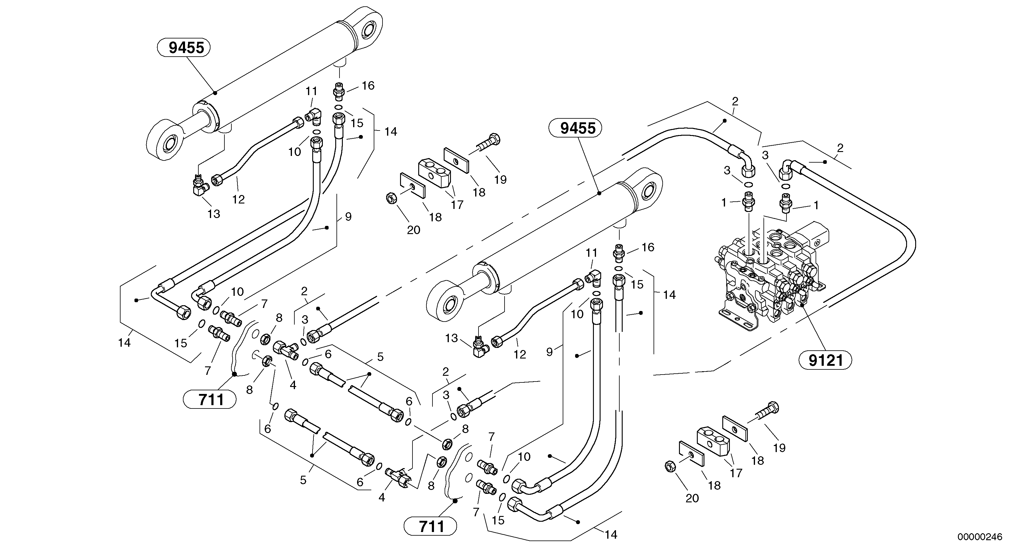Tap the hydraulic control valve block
tap(769, 282)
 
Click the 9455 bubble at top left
tap(184, 48)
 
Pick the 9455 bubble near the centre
tap(575, 128)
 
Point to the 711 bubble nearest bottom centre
tap(431, 527)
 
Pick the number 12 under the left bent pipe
tap(238, 199)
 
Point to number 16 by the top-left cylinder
tap(368, 85)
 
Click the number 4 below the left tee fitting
tap(293, 385)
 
